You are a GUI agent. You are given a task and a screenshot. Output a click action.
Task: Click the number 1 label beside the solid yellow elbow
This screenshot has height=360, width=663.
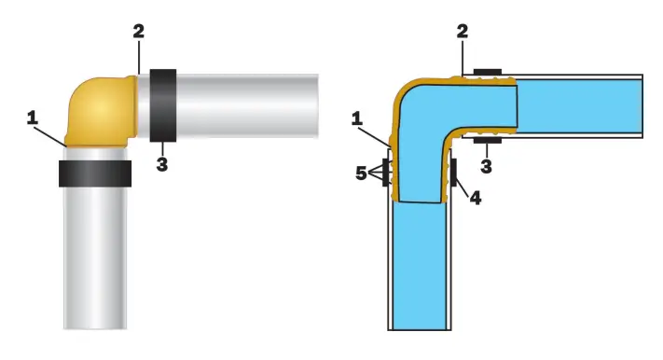32,118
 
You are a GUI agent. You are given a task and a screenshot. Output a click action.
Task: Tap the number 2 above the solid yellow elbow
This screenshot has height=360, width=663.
139,31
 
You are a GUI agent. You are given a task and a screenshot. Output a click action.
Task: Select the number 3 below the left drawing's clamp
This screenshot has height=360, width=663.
162,164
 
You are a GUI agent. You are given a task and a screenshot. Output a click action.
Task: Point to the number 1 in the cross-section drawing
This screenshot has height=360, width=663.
357,118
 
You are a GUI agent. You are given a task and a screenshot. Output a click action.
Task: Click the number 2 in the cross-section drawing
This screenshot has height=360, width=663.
463,31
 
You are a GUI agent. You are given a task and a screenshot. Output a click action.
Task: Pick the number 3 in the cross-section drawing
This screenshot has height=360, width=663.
486,166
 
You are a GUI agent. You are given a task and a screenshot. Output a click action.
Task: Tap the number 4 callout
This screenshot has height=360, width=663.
476,198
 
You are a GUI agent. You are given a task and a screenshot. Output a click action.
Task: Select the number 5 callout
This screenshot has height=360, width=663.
361,173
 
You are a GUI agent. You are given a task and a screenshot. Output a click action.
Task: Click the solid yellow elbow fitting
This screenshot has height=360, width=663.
101,111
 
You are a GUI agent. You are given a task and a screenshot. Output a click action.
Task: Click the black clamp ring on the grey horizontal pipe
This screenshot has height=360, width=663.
163,105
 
